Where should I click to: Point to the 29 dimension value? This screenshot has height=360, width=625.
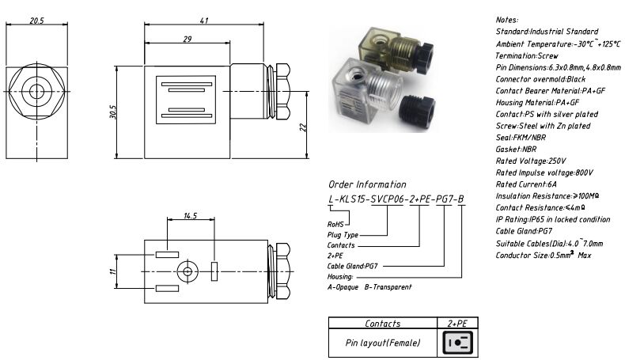pos(187,39)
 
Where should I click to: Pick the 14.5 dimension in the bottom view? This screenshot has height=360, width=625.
pos(190,215)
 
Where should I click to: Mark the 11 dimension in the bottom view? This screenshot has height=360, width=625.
pos(112,271)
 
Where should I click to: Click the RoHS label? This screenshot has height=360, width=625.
pos(338,224)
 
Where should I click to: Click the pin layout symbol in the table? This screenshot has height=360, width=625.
pos(457,343)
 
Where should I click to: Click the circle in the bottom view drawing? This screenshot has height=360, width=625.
pos(187,271)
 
